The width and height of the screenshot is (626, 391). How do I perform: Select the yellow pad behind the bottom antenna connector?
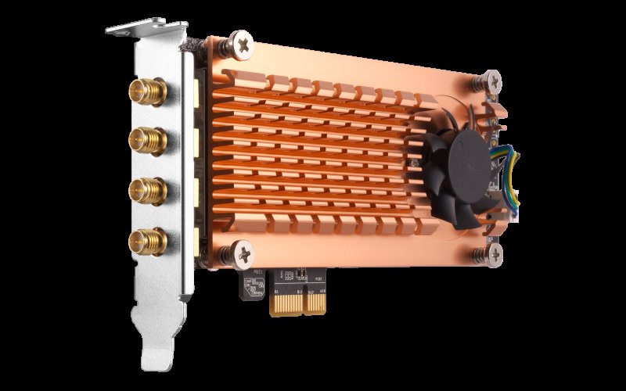(191, 237)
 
